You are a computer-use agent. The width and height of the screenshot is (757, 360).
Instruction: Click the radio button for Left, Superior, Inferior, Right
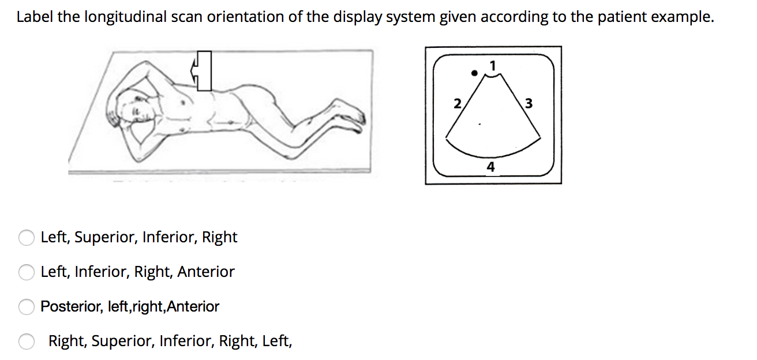click(x=27, y=238)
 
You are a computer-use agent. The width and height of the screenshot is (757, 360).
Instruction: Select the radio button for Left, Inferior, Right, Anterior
click(x=27, y=272)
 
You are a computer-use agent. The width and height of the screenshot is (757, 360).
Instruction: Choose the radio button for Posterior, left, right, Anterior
click(x=27, y=307)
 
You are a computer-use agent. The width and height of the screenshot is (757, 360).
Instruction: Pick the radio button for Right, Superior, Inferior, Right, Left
click(x=27, y=342)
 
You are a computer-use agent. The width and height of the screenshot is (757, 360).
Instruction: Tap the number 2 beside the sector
click(x=457, y=104)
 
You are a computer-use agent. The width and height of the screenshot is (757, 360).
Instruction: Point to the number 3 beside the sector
click(x=529, y=104)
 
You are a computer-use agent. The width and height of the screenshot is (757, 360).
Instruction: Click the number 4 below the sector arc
click(x=490, y=167)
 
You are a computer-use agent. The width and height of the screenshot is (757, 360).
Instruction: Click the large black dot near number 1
click(x=474, y=73)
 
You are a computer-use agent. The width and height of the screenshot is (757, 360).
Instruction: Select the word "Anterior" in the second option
click(x=206, y=272)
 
